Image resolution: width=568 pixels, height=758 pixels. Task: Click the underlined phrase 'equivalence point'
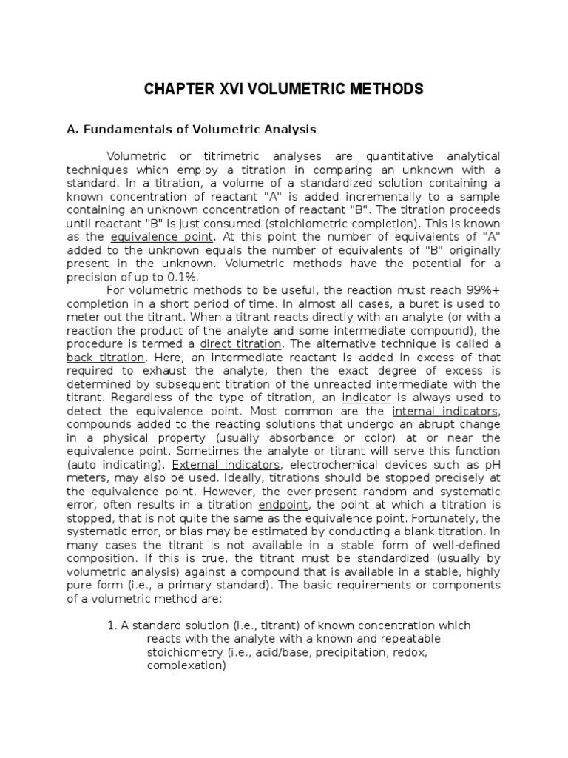click(162, 236)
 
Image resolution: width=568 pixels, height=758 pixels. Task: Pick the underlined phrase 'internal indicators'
click(445, 411)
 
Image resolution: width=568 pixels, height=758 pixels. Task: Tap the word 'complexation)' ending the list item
click(186, 665)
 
